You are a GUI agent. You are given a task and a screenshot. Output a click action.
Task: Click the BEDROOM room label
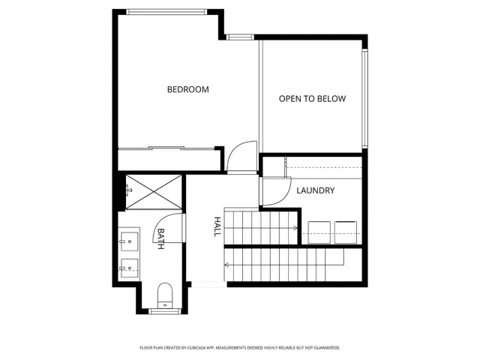[187, 89]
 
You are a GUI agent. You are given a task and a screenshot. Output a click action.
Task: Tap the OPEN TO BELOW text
[313, 98]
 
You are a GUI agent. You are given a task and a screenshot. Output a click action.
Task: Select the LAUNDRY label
[315, 190]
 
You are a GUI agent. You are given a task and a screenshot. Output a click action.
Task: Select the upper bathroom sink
[127, 241]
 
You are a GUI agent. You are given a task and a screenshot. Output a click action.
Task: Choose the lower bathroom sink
[127, 265]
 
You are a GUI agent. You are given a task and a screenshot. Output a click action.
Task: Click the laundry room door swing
[274, 192]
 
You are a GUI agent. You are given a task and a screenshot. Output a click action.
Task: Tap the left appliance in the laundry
[319, 232]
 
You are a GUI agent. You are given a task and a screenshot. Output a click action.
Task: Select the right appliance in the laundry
[347, 232]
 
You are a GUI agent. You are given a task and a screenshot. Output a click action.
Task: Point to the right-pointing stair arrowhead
[296, 227]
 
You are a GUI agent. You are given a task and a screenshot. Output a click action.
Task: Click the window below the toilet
[162, 310]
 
